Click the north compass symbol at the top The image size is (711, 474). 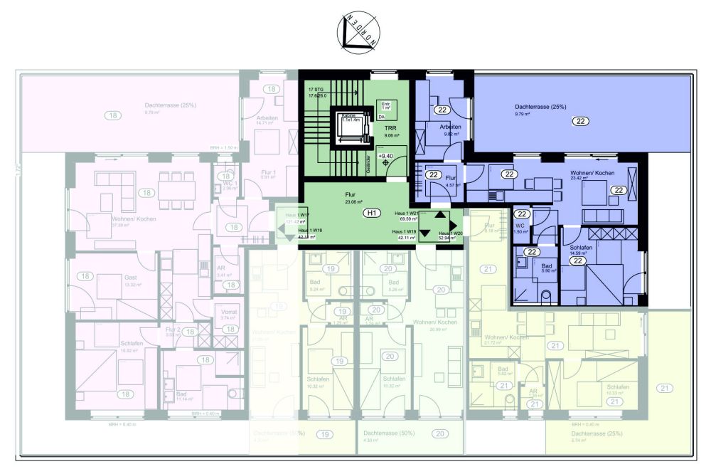click(358, 34)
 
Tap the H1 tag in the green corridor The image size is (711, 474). click(370, 213)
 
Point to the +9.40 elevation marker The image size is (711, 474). click(386, 156)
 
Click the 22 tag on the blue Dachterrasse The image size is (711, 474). click(581, 122)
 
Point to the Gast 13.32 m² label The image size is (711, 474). click(114, 280)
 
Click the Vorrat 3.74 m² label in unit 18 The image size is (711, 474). click(228, 315)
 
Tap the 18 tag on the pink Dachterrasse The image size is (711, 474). click(112, 115)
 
